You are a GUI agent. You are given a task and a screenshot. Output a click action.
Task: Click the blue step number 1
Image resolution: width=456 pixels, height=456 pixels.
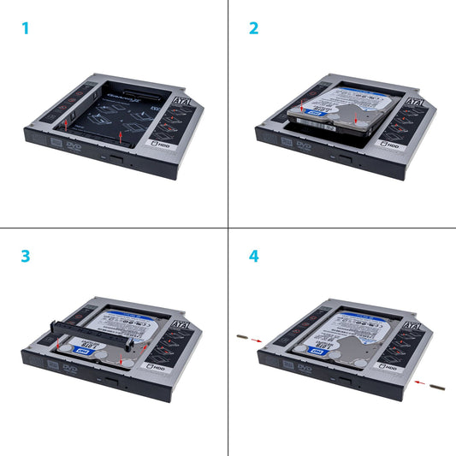26,28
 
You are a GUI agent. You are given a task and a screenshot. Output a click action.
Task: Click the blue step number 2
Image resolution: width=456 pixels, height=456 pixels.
254,28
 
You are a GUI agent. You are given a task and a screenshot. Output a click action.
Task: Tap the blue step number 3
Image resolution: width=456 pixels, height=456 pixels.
26,257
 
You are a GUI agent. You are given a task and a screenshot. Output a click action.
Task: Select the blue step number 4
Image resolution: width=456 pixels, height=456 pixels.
254,257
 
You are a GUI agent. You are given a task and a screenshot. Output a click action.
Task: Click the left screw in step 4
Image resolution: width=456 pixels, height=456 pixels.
243,339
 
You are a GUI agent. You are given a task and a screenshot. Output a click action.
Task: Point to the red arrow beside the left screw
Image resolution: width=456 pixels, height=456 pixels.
258,341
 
